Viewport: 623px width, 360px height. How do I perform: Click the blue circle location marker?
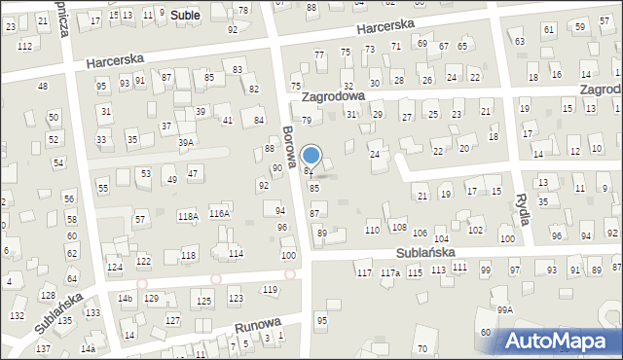point(311,155)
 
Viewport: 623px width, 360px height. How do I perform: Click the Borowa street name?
point(290,146)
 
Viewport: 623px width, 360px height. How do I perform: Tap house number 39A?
point(185,142)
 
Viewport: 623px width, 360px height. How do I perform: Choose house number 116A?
point(219,213)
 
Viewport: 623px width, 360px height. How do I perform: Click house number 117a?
point(389,273)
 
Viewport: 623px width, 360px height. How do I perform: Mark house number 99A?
point(504,310)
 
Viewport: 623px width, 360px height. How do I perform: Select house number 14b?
point(125,298)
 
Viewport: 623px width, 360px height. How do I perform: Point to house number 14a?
point(88,348)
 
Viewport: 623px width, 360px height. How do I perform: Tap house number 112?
point(24,47)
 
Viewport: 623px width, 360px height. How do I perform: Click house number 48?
point(42,87)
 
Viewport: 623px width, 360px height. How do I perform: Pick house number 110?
point(372,230)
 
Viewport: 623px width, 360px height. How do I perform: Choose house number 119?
point(270,290)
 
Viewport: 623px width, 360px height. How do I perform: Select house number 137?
point(43,348)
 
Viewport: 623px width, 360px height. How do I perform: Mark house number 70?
point(421,348)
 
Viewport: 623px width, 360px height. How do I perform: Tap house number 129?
point(152,298)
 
